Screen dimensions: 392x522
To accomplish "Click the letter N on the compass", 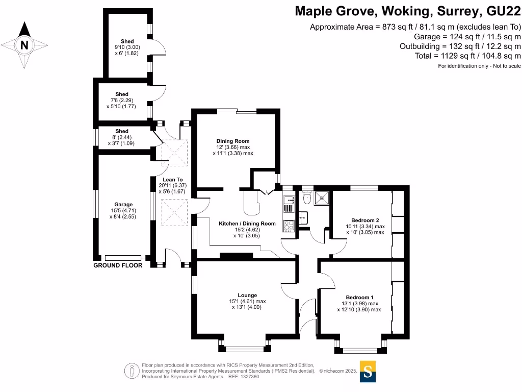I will click(24, 45).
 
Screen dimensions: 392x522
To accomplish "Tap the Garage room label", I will click(123, 205).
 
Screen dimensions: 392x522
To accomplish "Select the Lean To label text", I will click(173, 180).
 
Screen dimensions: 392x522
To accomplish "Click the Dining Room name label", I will click(232, 141).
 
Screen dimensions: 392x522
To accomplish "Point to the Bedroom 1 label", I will click(359, 298).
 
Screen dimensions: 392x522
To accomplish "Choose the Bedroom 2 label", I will click(365, 220).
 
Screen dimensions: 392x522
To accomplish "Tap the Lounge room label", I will click(247, 295).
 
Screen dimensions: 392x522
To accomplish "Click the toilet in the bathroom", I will click(307, 198).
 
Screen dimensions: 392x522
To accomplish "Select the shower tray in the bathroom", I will click(321, 198).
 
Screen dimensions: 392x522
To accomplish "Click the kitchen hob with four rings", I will click(289, 225).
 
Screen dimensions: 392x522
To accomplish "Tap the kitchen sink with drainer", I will click(289, 204).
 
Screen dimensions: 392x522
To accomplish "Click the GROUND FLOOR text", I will click(118, 265).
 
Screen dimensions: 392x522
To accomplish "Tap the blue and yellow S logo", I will click(368, 372).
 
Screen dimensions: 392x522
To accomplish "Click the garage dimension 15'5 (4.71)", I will click(123, 211).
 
